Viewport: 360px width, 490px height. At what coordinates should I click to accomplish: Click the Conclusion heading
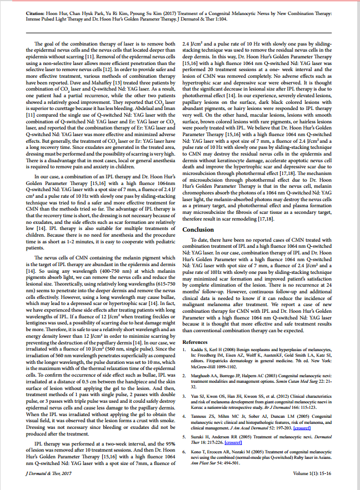tap(198, 229)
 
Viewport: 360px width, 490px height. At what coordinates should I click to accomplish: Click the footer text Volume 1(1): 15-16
tap(319, 473)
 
